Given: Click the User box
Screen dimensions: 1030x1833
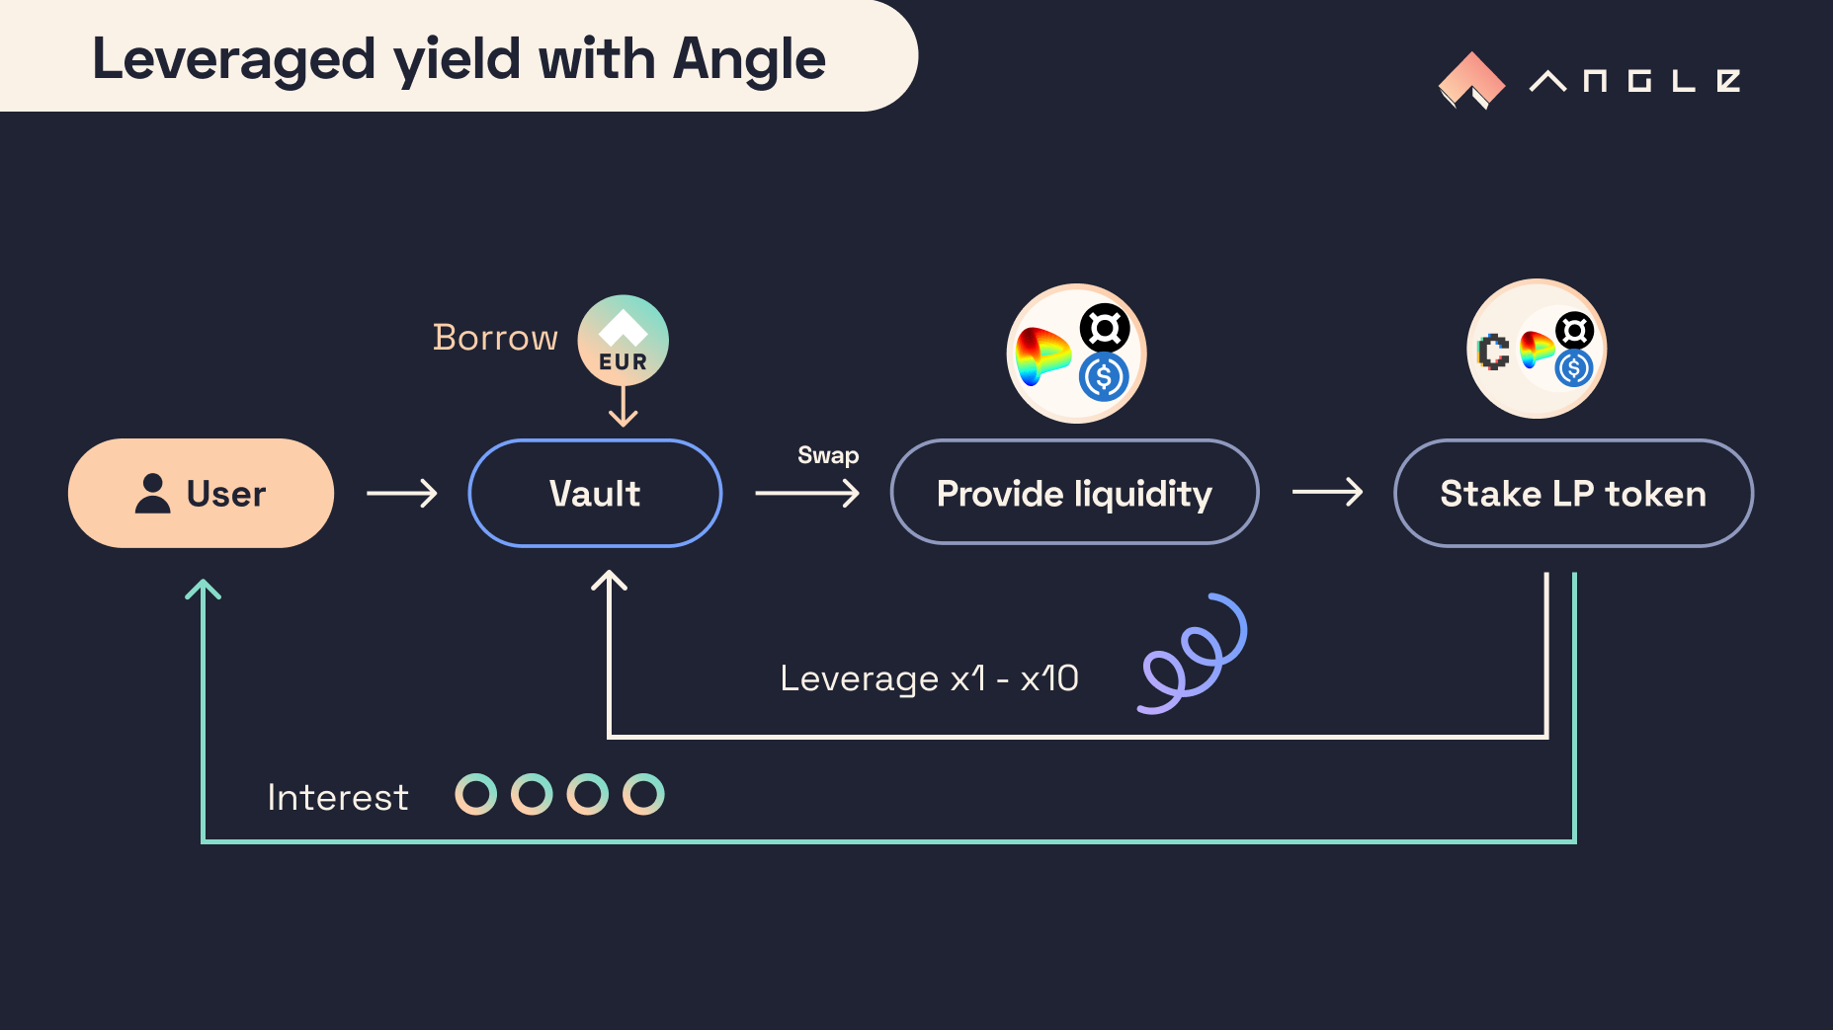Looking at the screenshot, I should (201, 493).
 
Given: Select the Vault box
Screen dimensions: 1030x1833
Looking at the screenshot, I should (595, 493).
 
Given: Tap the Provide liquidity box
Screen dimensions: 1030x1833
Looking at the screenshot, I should (1074, 493).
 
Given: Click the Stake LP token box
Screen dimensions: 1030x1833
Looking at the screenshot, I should (1572, 493).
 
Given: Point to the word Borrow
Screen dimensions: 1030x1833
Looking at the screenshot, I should (495, 338).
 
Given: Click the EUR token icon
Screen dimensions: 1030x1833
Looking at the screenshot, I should (623, 341).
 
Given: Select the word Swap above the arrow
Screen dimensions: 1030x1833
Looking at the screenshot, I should (828, 455).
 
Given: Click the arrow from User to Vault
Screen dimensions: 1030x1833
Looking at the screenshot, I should (402, 493).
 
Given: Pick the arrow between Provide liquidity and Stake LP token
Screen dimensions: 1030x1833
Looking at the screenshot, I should (1327, 492).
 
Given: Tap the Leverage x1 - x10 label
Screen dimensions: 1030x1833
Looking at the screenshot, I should (929, 678).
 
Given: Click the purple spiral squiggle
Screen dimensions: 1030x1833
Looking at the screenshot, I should (1193, 654).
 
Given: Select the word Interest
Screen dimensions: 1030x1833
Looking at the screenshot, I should (338, 797).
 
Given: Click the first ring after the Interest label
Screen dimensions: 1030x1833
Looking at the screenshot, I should (475, 794).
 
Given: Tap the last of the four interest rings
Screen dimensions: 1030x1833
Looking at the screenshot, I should (643, 794).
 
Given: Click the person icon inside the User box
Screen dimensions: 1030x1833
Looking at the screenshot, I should (152, 493).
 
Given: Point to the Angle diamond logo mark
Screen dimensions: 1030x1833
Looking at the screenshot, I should (1471, 80).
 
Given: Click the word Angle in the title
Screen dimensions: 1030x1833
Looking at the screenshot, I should (748, 59).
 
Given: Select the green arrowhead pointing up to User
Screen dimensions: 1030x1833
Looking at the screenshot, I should (203, 590).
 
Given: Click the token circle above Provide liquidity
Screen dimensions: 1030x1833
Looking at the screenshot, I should (1076, 354).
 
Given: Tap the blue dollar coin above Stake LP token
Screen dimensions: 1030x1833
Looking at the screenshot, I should (1573, 368).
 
